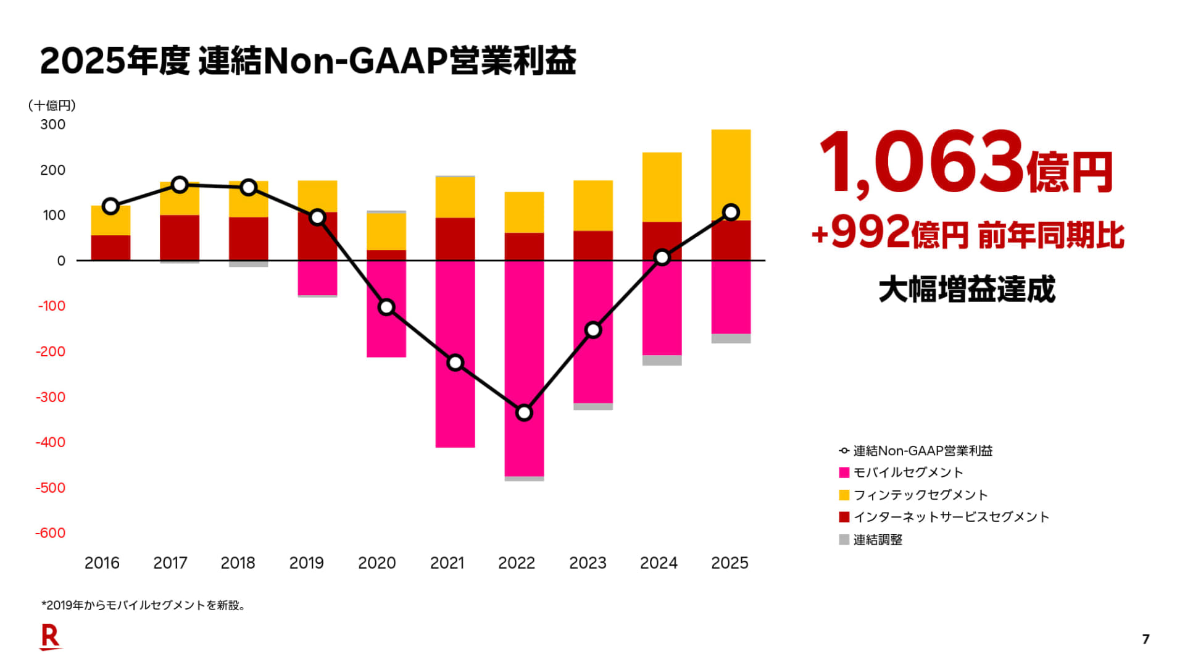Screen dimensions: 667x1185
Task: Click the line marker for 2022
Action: click(524, 412)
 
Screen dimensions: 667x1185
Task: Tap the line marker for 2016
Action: click(110, 206)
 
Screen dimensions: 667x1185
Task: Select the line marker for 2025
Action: click(731, 212)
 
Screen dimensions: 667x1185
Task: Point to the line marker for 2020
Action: click(386, 307)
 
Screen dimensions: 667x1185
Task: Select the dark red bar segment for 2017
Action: click(180, 237)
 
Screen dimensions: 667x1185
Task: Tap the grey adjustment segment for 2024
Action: click(662, 360)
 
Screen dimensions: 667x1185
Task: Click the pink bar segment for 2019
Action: click(317, 278)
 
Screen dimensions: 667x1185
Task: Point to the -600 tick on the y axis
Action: click(51, 533)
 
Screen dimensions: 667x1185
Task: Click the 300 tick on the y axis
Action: click(53, 125)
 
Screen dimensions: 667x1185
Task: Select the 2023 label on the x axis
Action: click(588, 563)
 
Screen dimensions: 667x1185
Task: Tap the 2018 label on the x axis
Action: click(238, 563)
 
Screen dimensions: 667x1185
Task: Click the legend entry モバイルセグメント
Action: click(907, 472)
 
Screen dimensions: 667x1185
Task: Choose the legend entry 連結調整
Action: click(877, 540)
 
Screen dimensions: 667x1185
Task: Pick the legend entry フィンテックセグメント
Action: click(920, 495)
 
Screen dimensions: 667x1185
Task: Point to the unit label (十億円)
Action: click(52, 106)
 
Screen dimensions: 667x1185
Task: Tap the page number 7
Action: click(1145, 639)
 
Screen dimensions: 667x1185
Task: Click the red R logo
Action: click(50, 637)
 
